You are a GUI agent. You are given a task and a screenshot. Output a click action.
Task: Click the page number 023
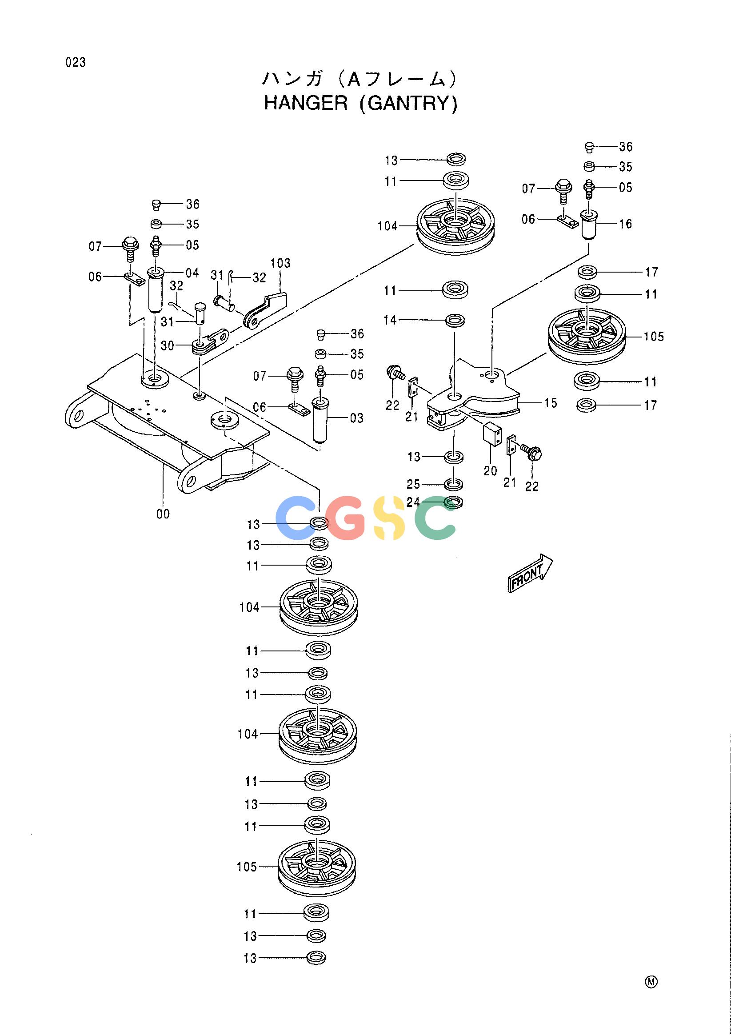[75, 62]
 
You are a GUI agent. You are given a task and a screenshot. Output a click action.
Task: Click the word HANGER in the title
[306, 103]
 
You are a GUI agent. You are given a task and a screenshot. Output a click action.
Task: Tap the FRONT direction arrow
[530, 573]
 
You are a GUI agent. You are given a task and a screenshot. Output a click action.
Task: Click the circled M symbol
[651, 982]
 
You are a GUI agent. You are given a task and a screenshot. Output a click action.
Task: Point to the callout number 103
[280, 263]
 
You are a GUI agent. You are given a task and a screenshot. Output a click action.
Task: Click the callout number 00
[163, 514]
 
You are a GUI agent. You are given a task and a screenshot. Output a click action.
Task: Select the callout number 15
[551, 403]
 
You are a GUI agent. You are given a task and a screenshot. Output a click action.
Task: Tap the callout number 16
[626, 224]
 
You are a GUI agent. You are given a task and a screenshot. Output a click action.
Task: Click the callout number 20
[490, 470]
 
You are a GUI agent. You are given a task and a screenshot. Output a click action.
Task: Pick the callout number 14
[390, 320]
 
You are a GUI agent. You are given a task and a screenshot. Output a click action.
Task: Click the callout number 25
[414, 484]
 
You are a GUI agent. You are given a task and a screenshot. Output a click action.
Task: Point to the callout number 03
[356, 418]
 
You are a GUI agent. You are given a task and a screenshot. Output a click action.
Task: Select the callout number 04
[192, 273]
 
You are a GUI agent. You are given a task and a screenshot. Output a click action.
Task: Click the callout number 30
[167, 345]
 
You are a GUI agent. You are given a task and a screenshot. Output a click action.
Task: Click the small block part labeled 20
[492, 434]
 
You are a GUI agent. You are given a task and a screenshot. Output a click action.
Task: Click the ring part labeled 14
[455, 321]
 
